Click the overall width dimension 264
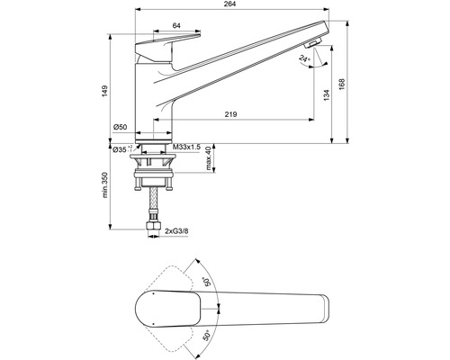click(x=230, y=4)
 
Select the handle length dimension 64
click(x=176, y=26)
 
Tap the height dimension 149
click(x=104, y=91)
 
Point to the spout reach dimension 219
click(x=230, y=114)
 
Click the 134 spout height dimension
click(x=327, y=95)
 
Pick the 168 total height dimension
click(x=342, y=85)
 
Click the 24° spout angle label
click(x=304, y=58)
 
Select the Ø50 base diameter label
click(x=120, y=127)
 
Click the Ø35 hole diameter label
click(x=122, y=149)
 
